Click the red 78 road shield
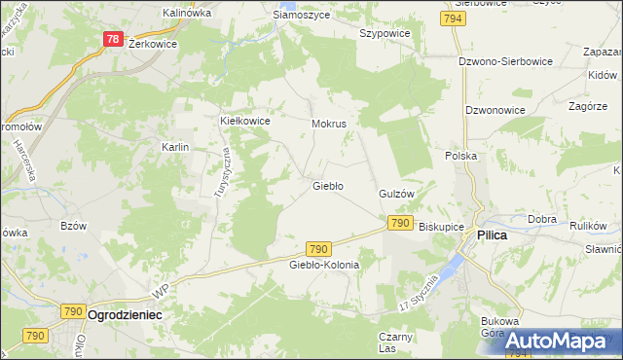click(114, 40)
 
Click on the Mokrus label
click(329, 125)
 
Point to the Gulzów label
click(397, 194)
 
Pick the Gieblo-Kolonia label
click(324, 265)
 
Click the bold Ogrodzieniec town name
click(125, 316)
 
